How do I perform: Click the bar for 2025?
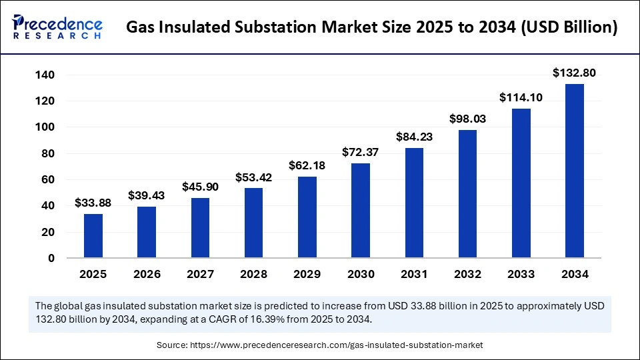point(93,236)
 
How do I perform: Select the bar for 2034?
point(575,171)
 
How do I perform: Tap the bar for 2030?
point(361,211)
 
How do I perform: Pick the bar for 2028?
point(254,223)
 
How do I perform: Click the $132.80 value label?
point(574,73)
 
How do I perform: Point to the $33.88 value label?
point(93,203)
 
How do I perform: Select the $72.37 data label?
point(361,152)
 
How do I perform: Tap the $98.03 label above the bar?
point(467,119)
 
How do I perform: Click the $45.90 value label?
point(200,187)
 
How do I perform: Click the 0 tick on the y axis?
point(51,259)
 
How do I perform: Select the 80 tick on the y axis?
point(47,153)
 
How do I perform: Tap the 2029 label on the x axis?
point(307,274)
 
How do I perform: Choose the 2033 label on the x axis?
point(521,274)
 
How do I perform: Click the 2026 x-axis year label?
point(147,274)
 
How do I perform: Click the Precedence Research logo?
point(57,27)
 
